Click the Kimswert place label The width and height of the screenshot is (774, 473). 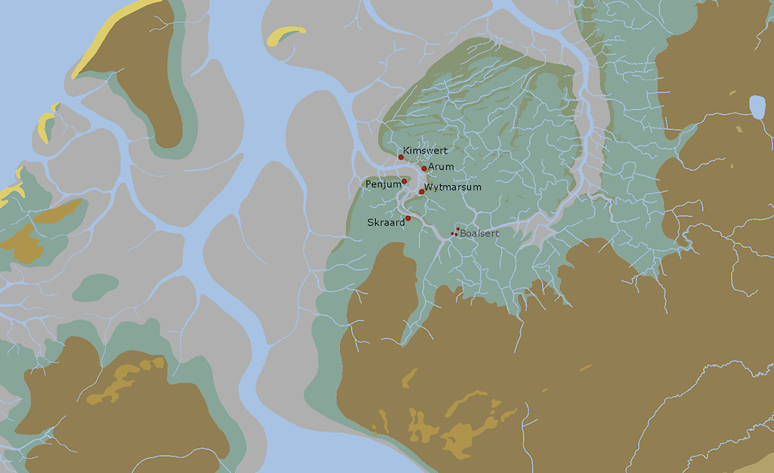click(x=425, y=150)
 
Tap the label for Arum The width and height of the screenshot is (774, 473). click(x=441, y=166)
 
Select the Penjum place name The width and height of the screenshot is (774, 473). click(x=382, y=184)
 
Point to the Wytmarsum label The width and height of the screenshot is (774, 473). click(x=453, y=187)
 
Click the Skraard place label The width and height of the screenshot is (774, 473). click(x=385, y=222)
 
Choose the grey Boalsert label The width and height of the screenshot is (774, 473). click(x=479, y=233)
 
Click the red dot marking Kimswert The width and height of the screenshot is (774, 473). click(x=401, y=157)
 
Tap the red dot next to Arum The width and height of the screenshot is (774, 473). click(x=424, y=168)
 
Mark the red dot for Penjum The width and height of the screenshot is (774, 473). click(x=404, y=181)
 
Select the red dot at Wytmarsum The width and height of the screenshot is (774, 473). click(x=422, y=192)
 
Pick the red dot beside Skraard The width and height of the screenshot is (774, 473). click(x=408, y=218)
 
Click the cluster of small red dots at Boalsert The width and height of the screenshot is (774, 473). click(x=455, y=232)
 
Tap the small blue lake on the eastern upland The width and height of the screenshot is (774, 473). click(x=757, y=107)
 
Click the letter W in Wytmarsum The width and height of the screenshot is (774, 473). click(x=429, y=187)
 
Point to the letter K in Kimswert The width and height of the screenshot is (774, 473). click(x=406, y=150)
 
